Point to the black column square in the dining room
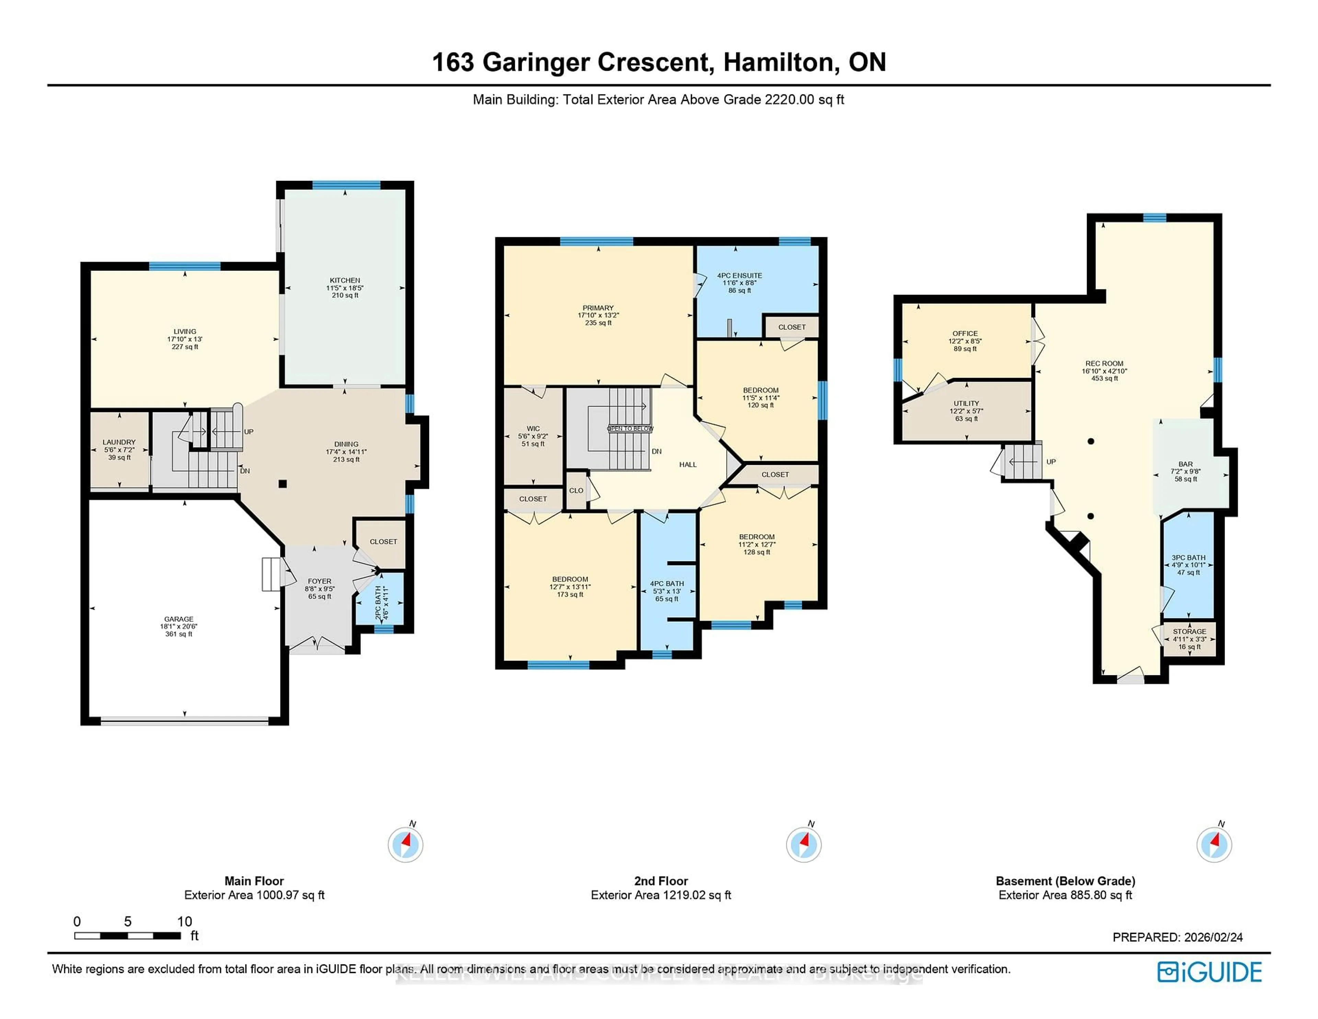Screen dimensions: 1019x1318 pos(282,483)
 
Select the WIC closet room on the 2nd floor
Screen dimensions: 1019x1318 pos(533,436)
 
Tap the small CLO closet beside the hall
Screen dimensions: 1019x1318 pos(576,491)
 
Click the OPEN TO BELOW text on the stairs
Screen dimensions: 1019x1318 pos(630,428)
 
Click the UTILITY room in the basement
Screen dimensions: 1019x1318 pos(966,411)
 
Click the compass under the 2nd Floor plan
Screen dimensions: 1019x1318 pos(803,844)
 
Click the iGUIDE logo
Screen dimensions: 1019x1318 pos(1210,972)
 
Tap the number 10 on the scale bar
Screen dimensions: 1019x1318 pos(184,921)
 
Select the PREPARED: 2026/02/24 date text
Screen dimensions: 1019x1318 pos(1177,937)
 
